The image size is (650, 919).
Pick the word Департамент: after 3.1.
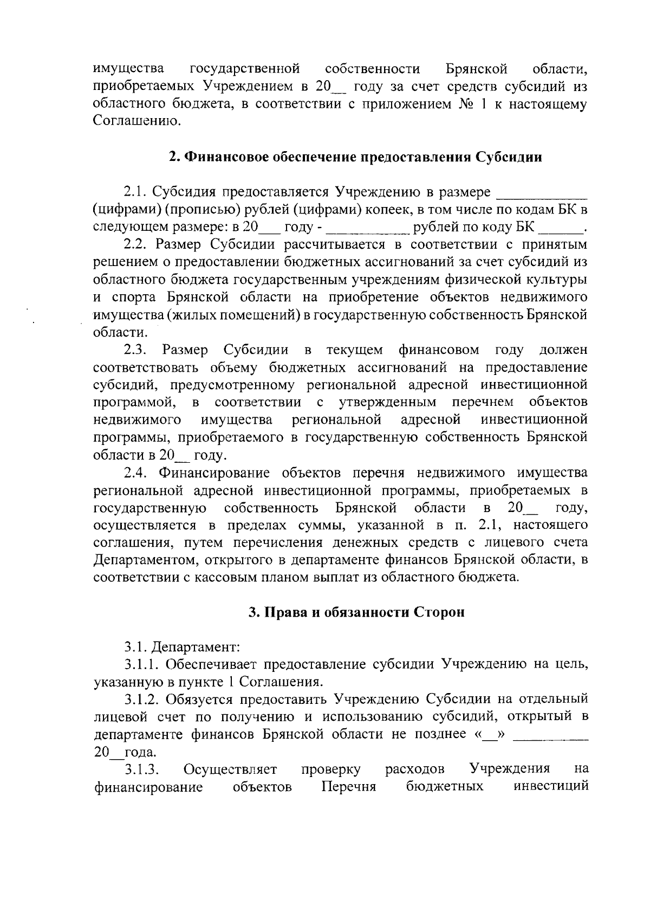(196, 646)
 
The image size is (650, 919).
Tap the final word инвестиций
(550, 786)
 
